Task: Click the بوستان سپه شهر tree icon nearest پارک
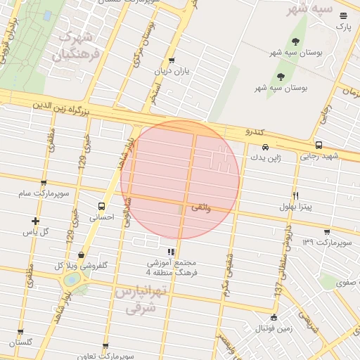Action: [x=295, y=41]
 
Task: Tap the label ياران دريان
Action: [x=172, y=71]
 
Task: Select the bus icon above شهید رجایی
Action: [x=319, y=145]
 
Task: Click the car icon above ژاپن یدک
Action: [x=265, y=147]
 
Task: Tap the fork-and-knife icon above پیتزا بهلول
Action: [x=296, y=195]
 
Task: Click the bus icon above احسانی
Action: [x=103, y=207]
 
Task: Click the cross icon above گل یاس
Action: [x=35, y=221]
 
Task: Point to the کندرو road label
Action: [x=254, y=132]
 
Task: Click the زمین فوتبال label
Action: [x=273, y=328]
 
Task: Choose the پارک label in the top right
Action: [x=342, y=26]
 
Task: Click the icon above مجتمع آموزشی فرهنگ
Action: [x=169, y=251]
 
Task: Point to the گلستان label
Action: [x=20, y=342]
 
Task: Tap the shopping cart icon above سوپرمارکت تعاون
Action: [x=105, y=347]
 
